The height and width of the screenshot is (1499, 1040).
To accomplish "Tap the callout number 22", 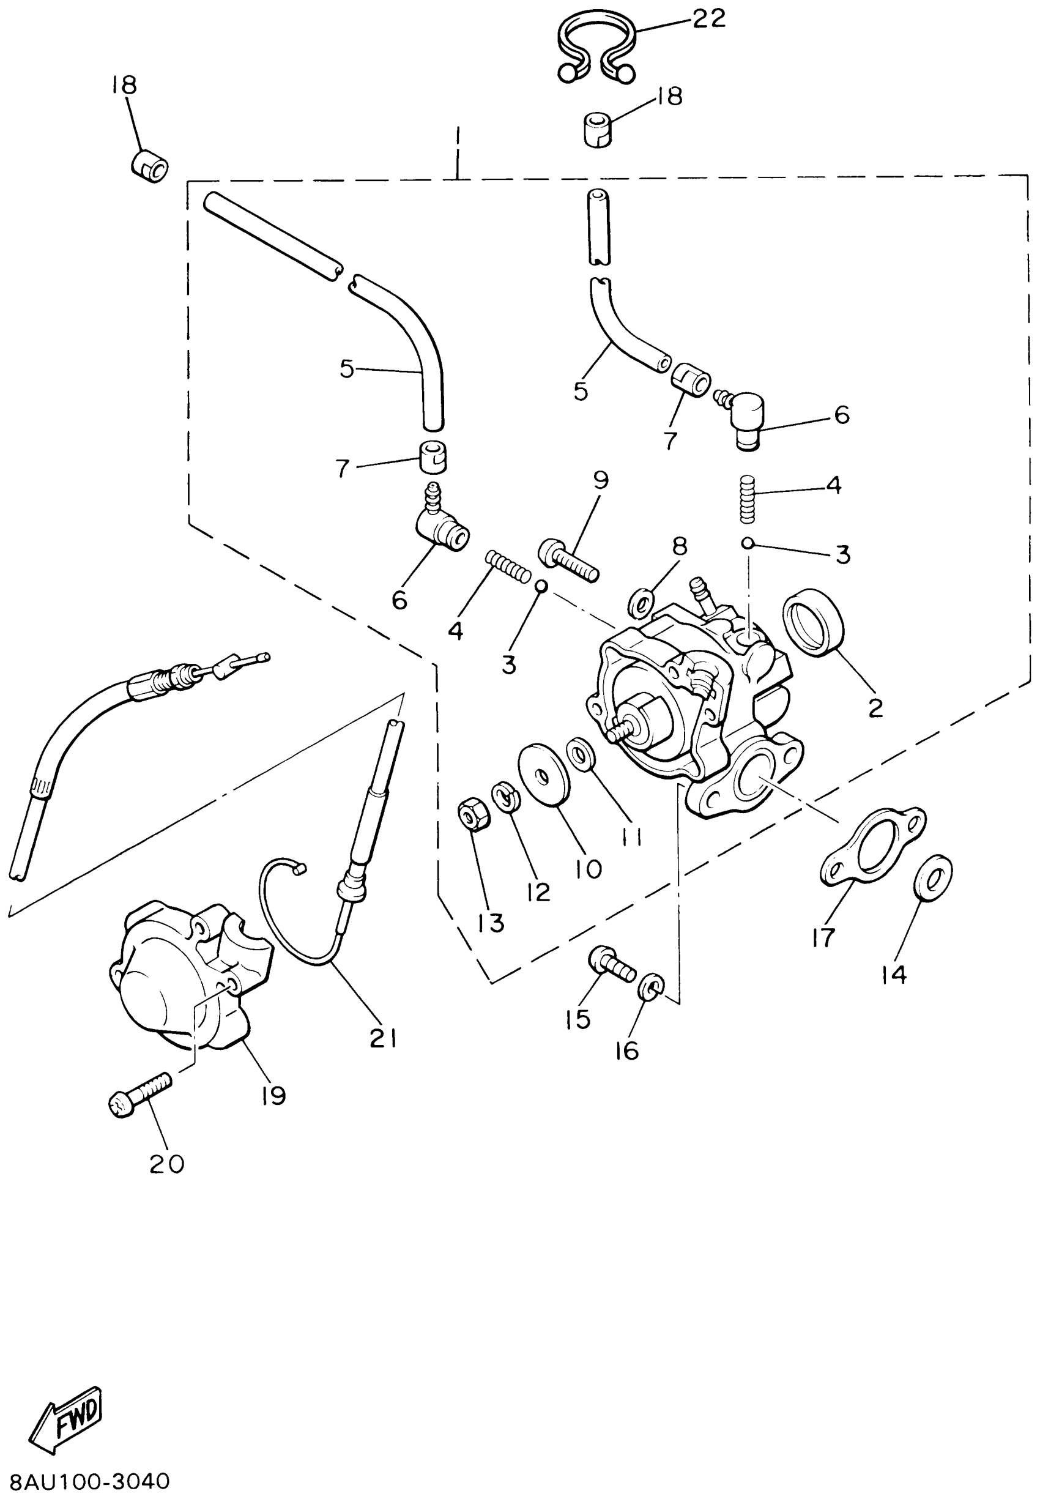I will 708,19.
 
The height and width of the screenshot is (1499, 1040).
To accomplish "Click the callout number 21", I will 383,1038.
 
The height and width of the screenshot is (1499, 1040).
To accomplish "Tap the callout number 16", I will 627,1051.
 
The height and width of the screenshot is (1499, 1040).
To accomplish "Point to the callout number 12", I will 539,891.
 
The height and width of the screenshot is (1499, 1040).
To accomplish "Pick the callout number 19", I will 273,1096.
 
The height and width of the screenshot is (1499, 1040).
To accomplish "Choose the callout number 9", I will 601,480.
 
